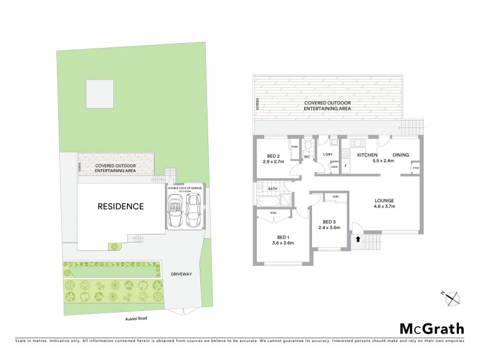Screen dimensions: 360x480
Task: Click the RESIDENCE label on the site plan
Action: coord(121,206)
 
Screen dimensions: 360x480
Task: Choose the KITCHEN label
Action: coord(367,155)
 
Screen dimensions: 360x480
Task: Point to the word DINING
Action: coord(401,155)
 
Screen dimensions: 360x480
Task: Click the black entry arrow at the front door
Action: coord(358,239)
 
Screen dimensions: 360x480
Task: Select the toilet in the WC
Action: coord(308,146)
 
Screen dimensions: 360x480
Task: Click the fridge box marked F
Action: coord(346,167)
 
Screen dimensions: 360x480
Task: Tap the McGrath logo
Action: coord(431,328)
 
